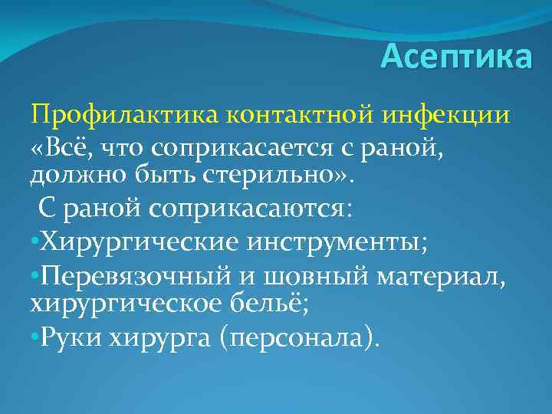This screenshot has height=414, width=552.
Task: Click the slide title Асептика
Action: (x=455, y=57)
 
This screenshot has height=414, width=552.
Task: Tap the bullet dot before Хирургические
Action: (x=34, y=243)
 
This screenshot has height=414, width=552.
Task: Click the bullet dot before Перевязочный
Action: (x=34, y=274)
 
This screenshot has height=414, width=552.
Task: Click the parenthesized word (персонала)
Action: (x=299, y=336)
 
